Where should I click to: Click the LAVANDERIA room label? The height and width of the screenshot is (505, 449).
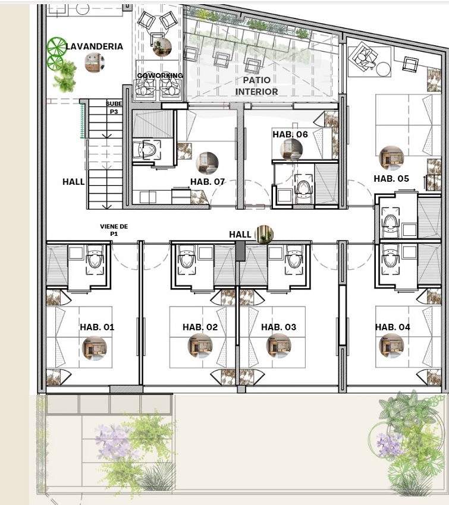click(x=95, y=46)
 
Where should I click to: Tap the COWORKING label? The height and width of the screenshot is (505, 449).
click(x=160, y=75)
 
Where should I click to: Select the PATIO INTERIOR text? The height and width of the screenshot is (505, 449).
click(x=256, y=86)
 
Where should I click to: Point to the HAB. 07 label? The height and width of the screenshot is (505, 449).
click(x=208, y=182)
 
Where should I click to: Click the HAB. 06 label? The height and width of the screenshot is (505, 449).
click(x=290, y=134)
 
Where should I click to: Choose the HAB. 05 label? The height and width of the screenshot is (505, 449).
click(x=391, y=178)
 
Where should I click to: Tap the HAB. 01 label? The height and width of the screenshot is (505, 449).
click(x=97, y=327)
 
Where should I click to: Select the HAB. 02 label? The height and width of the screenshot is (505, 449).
click(x=200, y=327)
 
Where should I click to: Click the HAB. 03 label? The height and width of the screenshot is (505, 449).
click(x=278, y=327)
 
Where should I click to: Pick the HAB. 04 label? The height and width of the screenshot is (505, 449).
click(x=393, y=327)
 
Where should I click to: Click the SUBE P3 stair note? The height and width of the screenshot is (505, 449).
click(x=114, y=108)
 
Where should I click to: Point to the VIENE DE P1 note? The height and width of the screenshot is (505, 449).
click(x=114, y=230)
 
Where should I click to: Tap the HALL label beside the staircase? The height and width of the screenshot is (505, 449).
click(x=74, y=182)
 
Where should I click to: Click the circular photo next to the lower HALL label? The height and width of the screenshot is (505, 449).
click(x=264, y=234)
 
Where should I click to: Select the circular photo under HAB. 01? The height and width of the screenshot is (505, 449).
click(x=95, y=348)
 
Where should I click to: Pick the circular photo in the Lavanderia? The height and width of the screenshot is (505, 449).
click(x=95, y=62)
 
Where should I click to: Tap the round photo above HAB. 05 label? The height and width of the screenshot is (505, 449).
click(x=391, y=158)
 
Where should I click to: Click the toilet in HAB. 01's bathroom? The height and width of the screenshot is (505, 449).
click(x=95, y=258)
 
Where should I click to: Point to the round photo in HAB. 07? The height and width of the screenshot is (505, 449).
click(x=207, y=163)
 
